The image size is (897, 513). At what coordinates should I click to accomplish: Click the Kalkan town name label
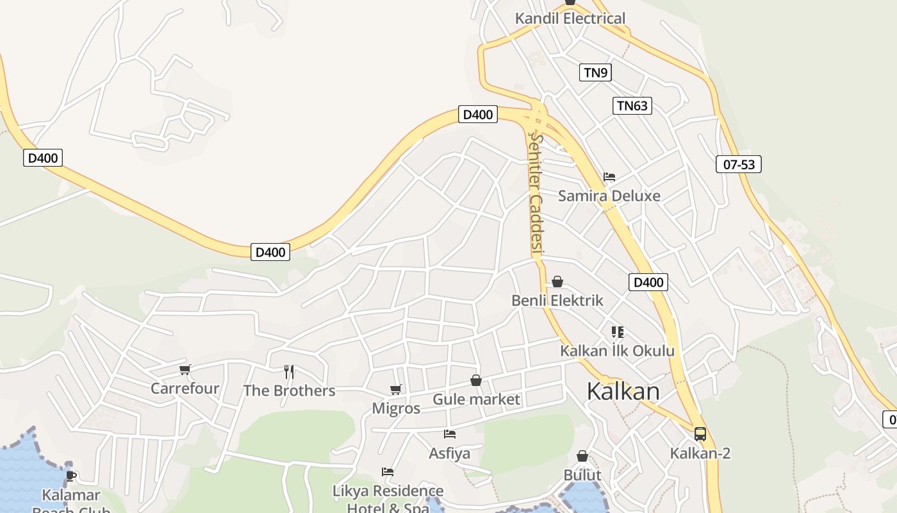coord(623,391)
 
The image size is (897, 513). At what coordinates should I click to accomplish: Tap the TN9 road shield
coord(595,72)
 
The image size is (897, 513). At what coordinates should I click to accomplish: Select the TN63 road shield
coord(632,106)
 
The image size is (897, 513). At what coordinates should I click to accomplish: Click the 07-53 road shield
coord(738,164)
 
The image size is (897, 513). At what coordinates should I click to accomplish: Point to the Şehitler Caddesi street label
coord(536,192)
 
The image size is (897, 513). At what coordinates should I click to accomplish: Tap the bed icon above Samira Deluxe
coord(609,177)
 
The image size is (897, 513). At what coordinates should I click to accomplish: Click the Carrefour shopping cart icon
coord(185,369)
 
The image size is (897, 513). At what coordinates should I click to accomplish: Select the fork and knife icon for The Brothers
coord(289,371)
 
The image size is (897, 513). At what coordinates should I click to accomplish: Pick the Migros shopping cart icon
coord(396,389)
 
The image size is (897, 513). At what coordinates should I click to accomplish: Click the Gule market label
coord(476,399)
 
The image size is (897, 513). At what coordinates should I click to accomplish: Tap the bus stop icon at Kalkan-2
coord(700,433)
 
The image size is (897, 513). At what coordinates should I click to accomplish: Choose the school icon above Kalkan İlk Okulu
coord(617,332)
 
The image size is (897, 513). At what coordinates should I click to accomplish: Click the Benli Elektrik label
coord(557,300)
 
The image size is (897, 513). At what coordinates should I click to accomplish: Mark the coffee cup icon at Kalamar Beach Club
coord(70,475)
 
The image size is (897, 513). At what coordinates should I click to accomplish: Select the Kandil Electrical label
coord(570,19)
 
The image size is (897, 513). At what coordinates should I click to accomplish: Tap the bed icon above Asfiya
coord(449,434)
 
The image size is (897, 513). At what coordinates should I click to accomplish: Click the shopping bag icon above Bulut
coord(582,456)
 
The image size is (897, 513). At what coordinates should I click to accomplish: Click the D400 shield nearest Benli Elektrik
coord(648,282)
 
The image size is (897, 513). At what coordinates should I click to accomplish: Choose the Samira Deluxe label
coord(609,196)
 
